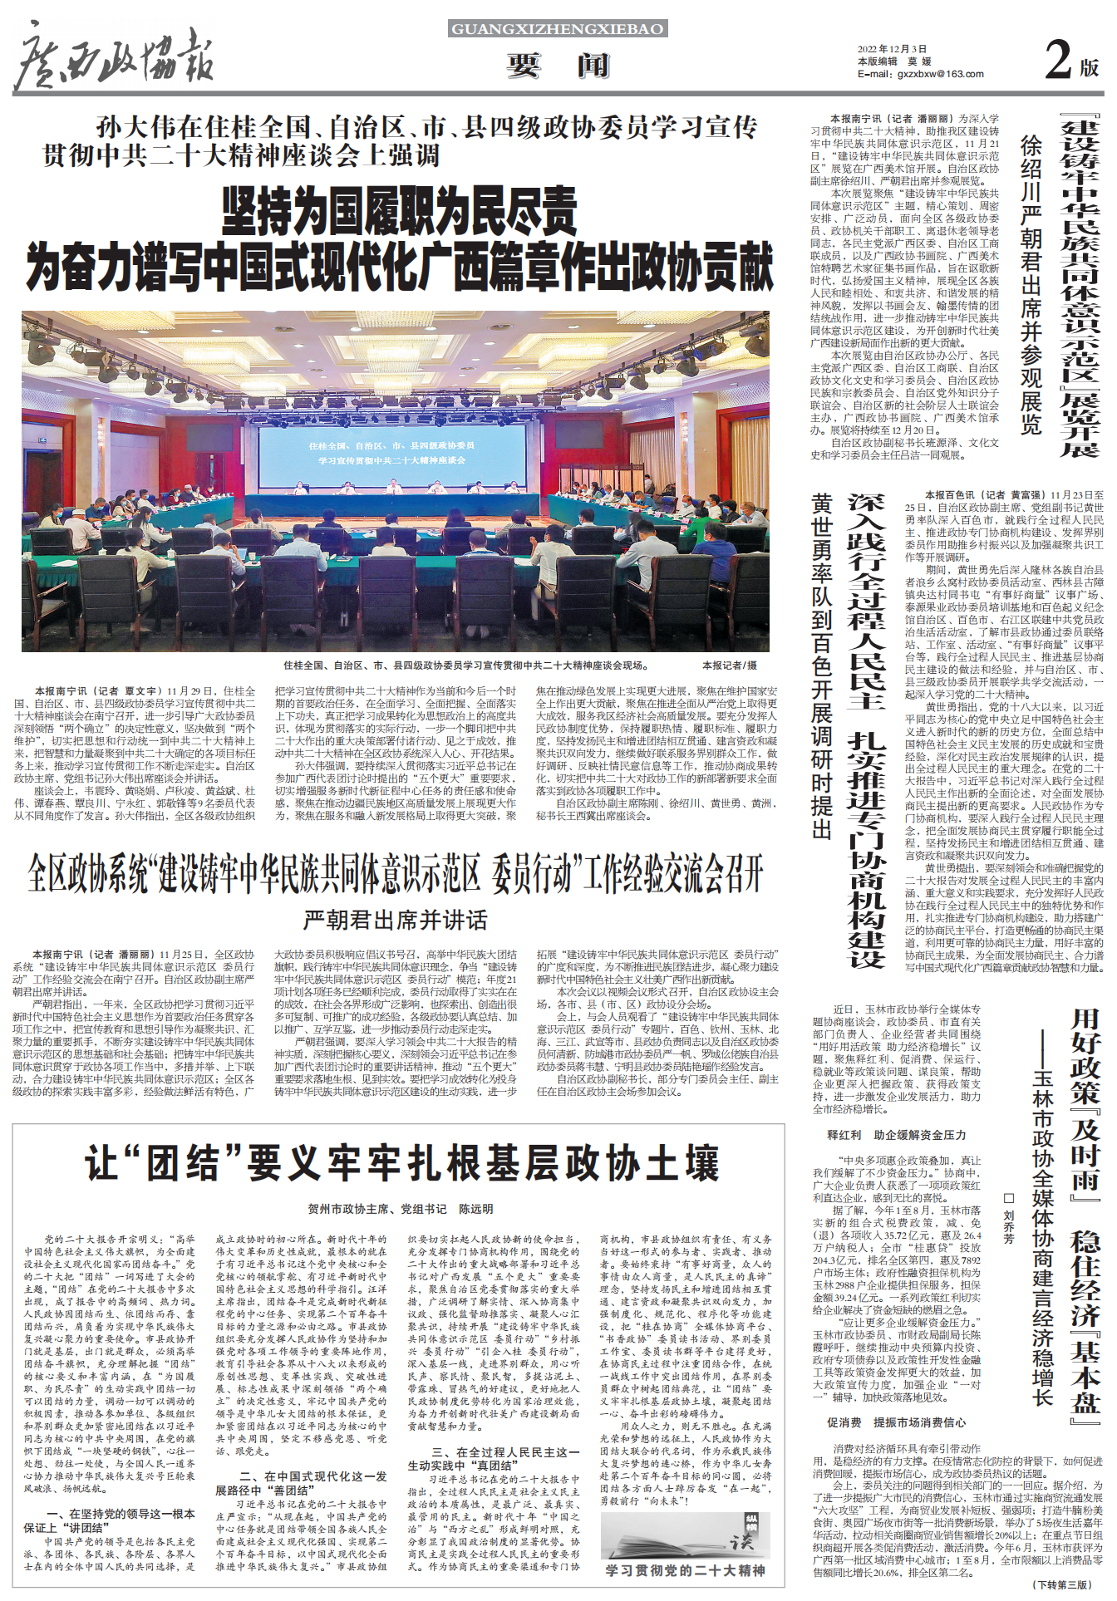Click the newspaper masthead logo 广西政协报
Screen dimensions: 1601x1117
click(114, 58)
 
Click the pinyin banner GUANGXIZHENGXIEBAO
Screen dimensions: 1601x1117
click(557, 29)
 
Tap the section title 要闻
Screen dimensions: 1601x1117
click(558, 65)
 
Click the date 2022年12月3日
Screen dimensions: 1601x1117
click(892, 50)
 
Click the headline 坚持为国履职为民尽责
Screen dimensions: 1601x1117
click(399, 211)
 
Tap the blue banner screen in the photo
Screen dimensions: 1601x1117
click(391, 453)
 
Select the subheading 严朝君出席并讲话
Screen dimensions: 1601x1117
click(396, 920)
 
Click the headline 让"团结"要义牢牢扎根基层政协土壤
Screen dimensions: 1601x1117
click(401, 1163)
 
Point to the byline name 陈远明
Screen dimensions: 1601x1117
click(476, 1209)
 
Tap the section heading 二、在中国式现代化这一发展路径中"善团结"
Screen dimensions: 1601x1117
click(301, 1483)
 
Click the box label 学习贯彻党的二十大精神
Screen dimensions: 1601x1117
click(685, 1570)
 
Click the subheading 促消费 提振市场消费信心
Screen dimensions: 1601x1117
click(897, 1422)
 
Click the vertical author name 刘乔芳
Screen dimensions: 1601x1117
click(1009, 1226)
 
